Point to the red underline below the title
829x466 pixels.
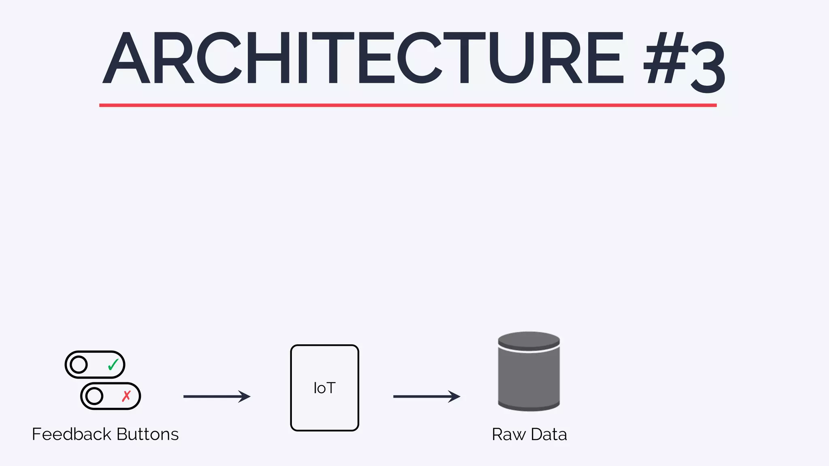tap(408, 105)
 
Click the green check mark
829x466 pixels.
tap(113, 365)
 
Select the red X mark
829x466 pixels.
tap(126, 396)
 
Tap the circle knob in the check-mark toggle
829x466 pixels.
tap(79, 365)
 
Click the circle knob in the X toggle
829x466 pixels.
tap(94, 396)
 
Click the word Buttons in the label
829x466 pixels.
tap(147, 434)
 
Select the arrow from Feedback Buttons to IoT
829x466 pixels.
tap(217, 396)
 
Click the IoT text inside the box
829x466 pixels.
tap(324, 388)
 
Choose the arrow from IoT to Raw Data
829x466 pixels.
tap(426, 396)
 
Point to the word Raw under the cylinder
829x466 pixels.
tap(508, 434)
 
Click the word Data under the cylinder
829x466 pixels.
tap(548, 434)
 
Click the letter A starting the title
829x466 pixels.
tap(126, 58)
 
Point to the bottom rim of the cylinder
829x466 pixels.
tap(529, 407)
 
